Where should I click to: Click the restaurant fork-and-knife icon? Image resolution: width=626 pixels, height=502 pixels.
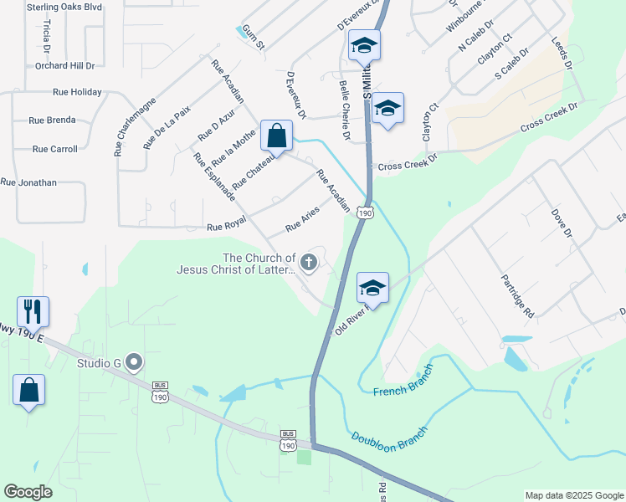[x=33, y=311]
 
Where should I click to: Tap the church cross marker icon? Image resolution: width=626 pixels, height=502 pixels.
[x=309, y=264]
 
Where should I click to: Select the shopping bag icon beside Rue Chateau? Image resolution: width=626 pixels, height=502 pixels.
[x=276, y=135]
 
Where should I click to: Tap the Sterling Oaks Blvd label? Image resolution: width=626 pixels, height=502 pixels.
[x=64, y=7]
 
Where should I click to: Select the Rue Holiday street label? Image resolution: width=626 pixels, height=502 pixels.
[x=77, y=92]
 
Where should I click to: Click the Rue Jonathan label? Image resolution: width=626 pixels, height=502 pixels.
[x=28, y=182]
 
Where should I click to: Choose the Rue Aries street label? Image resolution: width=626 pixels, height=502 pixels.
[x=303, y=221]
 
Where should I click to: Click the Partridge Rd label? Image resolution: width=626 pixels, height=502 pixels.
[x=517, y=295]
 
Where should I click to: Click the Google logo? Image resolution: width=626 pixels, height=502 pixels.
[x=28, y=492]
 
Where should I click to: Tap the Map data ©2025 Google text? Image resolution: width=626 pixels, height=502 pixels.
[x=574, y=495]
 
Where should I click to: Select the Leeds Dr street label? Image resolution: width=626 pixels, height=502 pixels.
[x=562, y=53]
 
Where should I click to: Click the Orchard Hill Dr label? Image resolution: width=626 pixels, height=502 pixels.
[x=65, y=65]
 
